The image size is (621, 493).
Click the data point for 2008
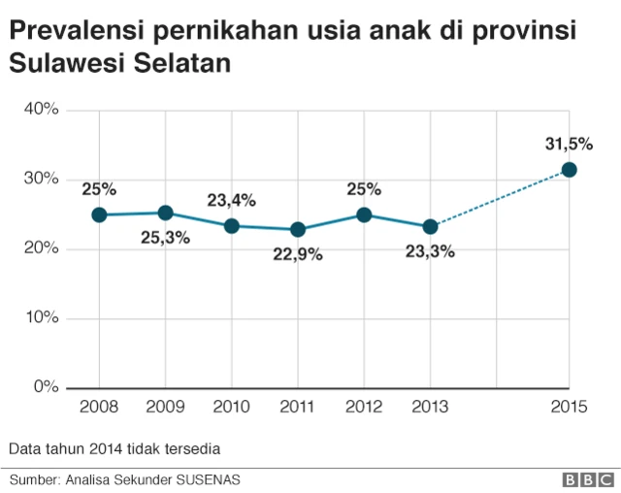[99, 214]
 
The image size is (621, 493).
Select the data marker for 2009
[165, 213]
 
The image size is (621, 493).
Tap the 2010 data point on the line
[232, 226]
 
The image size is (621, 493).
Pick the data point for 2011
[298, 230]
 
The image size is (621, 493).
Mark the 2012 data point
[364, 214]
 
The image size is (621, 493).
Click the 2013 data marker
[430, 226]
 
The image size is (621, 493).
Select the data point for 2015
[570, 170]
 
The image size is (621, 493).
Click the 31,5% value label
[569, 144]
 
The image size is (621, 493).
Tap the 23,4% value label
[231, 201]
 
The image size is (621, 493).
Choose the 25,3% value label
[165, 238]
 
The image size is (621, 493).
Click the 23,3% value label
[430, 251]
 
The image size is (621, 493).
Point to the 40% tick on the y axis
[41, 110]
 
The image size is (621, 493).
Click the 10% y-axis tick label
[41, 317]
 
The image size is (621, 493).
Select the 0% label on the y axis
[46, 386]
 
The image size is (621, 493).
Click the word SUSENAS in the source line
[208, 479]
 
